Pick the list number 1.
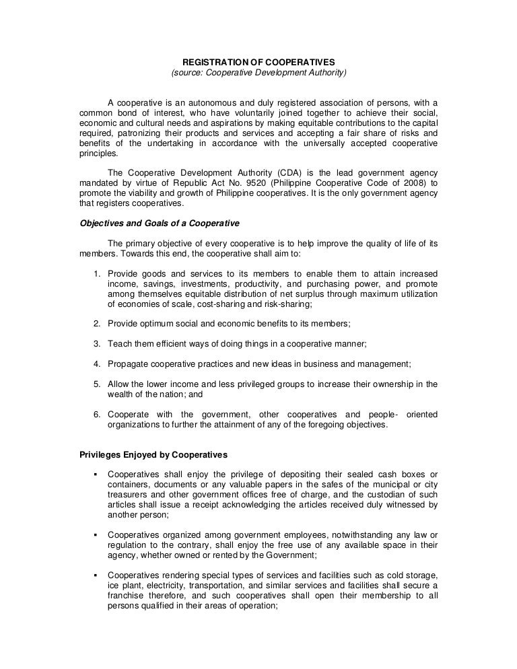pyautogui.click(x=97, y=274)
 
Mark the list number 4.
pyautogui.click(x=97, y=364)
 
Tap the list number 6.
pyautogui.click(x=97, y=415)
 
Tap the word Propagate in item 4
pyautogui.click(x=127, y=364)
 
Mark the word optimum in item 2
pyautogui.click(x=151, y=324)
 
